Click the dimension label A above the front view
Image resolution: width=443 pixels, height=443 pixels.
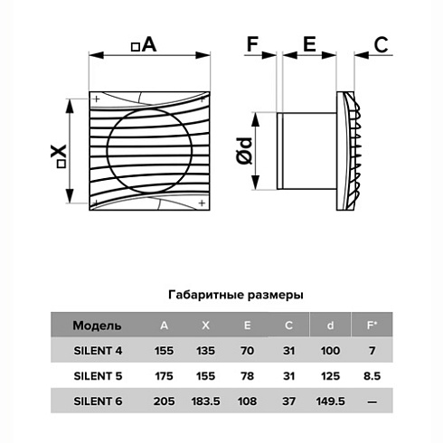[x=145, y=44]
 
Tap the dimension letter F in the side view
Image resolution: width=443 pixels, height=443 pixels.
[x=252, y=42]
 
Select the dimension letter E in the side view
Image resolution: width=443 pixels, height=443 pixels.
[x=308, y=42]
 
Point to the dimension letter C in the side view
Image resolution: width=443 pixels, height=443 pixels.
[x=381, y=42]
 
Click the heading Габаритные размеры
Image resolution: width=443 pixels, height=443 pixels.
[x=236, y=295]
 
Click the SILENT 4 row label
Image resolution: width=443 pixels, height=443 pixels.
[x=98, y=350]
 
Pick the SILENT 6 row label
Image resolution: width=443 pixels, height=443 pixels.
[x=98, y=399]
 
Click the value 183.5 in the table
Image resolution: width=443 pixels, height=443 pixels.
[x=206, y=399]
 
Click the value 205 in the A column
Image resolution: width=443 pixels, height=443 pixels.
[x=164, y=399]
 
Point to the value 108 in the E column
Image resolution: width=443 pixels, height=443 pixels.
[x=250, y=399]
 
